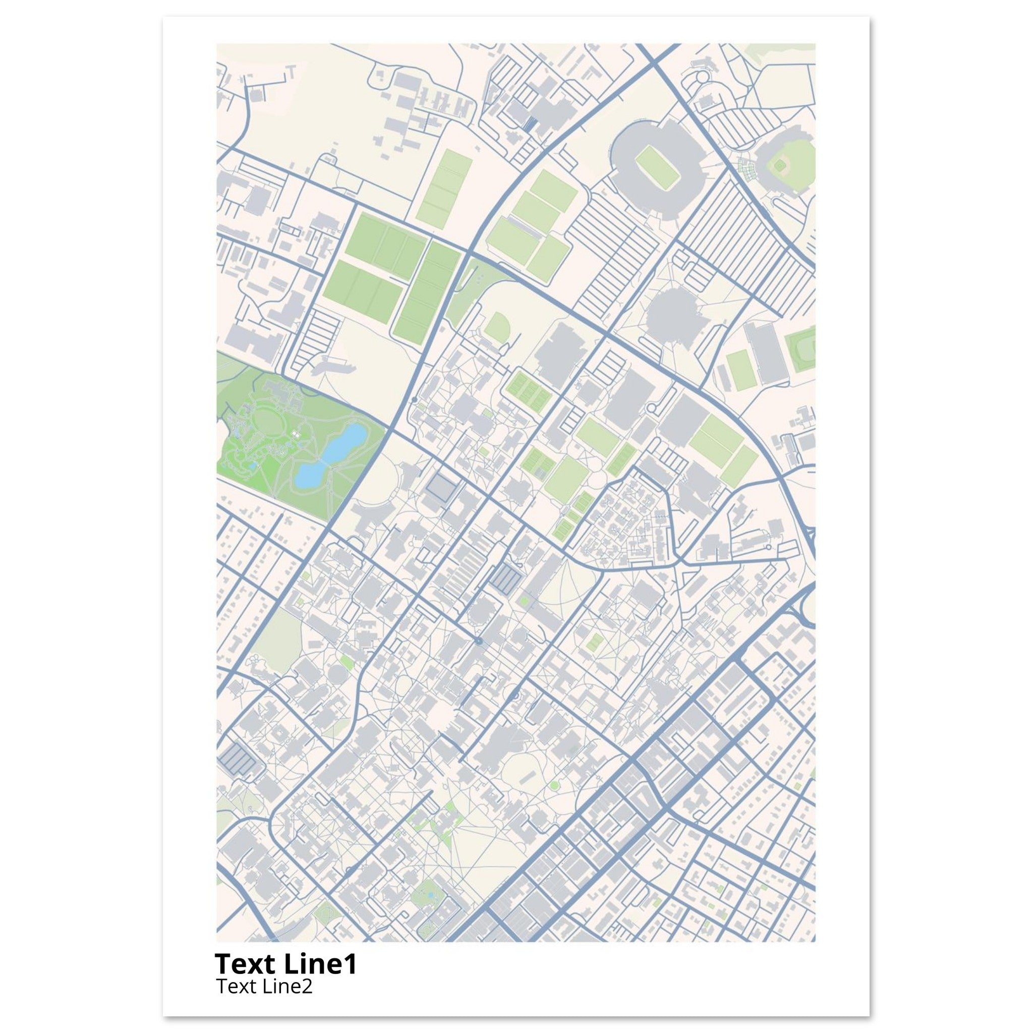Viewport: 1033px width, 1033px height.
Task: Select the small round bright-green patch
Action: (554, 785)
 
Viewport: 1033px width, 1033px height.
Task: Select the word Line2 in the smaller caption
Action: (286, 987)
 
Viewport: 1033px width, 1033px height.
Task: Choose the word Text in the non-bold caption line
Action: (236, 987)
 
